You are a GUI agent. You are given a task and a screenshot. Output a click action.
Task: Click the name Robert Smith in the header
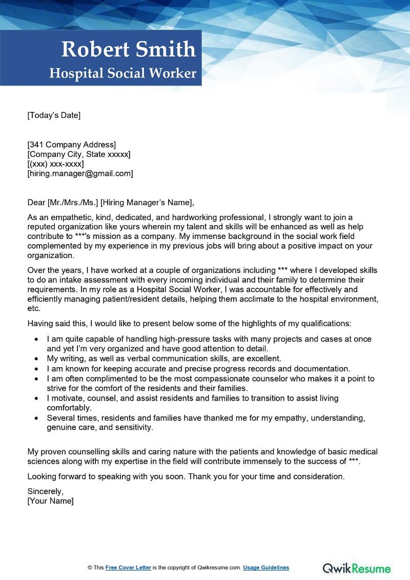click(x=128, y=50)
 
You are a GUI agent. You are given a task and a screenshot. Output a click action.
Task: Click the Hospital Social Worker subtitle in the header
click(x=122, y=73)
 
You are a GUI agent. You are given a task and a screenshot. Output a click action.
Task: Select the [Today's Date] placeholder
click(x=54, y=115)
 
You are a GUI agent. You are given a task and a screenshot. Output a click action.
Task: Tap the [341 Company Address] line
click(x=71, y=145)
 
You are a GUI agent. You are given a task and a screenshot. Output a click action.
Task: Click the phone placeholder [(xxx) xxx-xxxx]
click(x=55, y=164)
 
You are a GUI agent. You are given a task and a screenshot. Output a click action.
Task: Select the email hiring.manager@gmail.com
click(x=80, y=174)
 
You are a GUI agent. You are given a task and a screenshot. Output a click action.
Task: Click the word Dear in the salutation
click(x=36, y=203)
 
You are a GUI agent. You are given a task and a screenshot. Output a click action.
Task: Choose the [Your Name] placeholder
click(x=50, y=501)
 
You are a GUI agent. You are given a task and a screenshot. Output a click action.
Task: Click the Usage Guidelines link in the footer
click(x=266, y=568)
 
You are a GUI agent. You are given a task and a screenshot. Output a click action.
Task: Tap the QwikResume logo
click(x=356, y=568)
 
